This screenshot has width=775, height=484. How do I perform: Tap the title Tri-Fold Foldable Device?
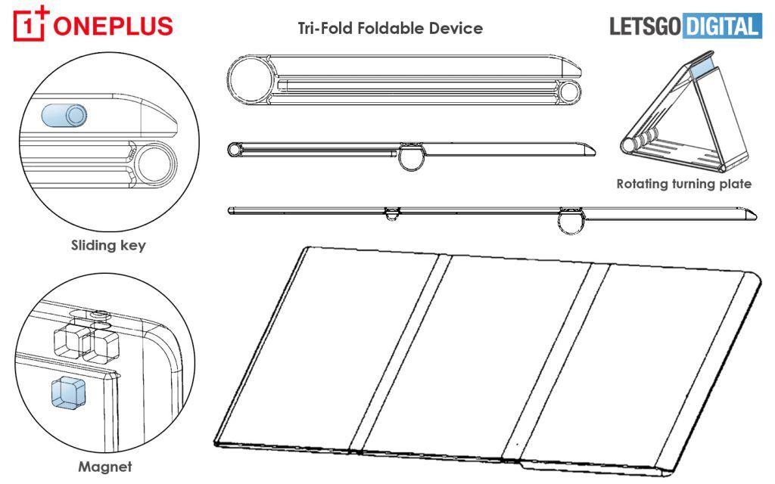(x=390, y=29)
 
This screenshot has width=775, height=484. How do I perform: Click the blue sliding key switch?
(x=65, y=116)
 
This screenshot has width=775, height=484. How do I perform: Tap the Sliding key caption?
(x=107, y=245)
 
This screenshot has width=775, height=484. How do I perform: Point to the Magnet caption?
(x=104, y=467)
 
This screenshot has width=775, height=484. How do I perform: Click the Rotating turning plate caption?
(x=683, y=184)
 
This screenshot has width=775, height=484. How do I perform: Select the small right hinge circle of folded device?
(x=571, y=92)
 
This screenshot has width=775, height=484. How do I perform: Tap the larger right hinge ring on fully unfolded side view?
(x=573, y=222)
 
